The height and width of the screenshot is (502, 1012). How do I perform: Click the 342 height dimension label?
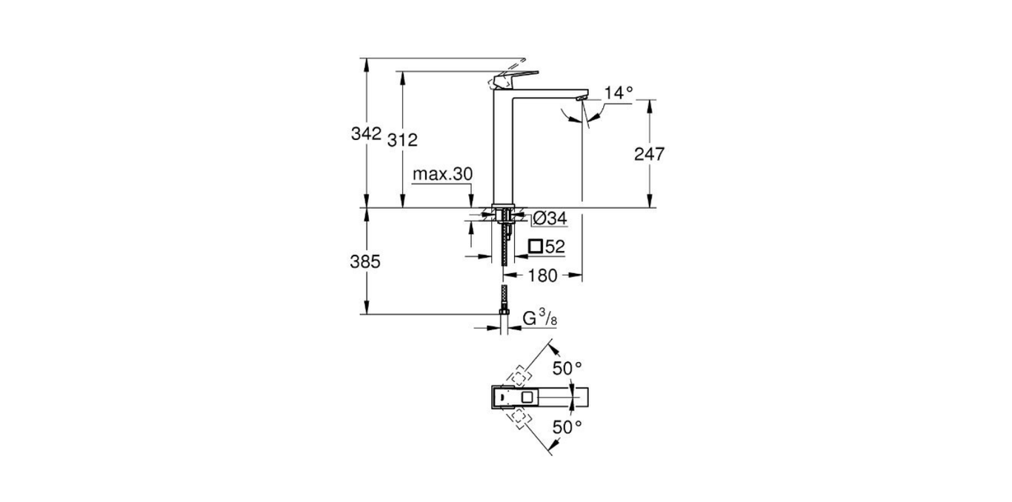366,135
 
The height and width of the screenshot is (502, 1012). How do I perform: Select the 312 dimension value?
403,140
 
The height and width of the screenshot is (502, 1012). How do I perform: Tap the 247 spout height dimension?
650,154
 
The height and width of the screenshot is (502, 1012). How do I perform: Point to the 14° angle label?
619,93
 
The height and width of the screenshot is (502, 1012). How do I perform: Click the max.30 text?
442,174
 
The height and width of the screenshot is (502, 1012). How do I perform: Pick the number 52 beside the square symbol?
556,246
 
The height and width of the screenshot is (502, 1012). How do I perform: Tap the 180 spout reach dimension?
543,275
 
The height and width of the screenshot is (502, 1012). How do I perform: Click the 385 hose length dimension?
366,261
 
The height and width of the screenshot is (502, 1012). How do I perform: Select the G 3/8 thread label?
539,319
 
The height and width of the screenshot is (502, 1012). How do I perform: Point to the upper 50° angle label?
568,367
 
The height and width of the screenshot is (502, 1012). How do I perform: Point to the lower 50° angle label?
568,426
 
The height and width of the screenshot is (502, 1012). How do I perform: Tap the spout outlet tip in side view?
582,96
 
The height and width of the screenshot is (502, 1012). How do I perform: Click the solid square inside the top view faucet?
527,398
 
